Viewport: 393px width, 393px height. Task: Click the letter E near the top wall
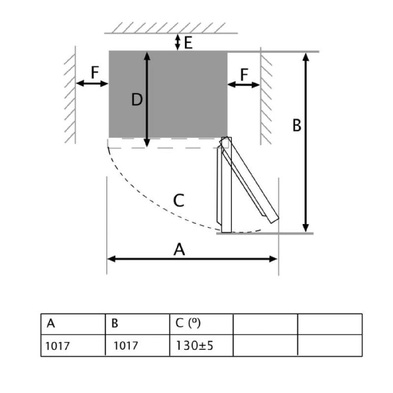(x=188, y=43)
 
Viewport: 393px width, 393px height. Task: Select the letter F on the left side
(x=95, y=72)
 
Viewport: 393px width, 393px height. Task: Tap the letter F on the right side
(x=244, y=75)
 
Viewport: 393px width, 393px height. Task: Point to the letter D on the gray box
(x=137, y=100)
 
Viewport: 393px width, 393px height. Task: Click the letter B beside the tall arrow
(x=297, y=125)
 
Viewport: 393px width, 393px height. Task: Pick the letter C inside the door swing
(x=179, y=200)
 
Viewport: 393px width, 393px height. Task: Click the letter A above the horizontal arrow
(x=179, y=250)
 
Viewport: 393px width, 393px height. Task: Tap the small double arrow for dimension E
(x=177, y=42)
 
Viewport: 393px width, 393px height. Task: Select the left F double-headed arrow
(x=92, y=84)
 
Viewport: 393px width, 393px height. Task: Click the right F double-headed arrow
(x=244, y=84)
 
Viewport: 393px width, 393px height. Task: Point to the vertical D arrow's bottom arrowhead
(x=147, y=143)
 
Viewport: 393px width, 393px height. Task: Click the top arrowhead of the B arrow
(x=306, y=57)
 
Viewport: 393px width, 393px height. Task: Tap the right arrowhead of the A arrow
(x=273, y=259)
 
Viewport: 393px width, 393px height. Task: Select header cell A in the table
(x=73, y=324)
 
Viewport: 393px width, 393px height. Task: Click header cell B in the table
(x=138, y=324)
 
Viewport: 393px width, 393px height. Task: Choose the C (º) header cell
(x=201, y=324)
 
